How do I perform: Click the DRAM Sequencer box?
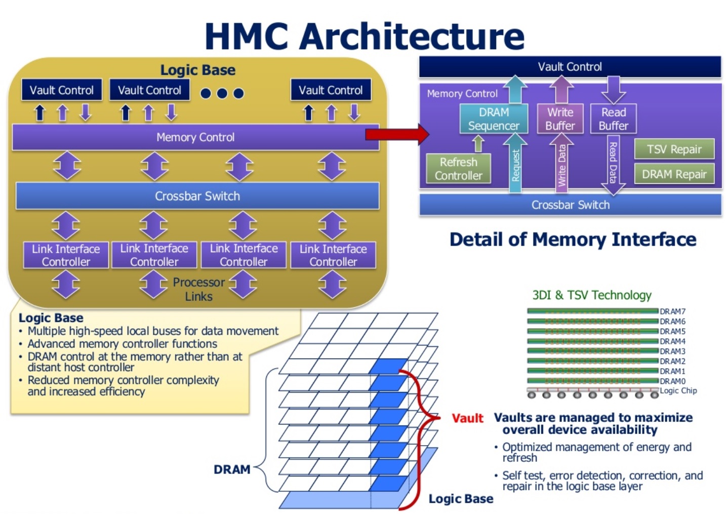[x=493, y=119]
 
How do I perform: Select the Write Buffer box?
[x=560, y=119]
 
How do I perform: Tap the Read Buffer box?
[x=613, y=119]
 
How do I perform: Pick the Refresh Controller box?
[x=458, y=169]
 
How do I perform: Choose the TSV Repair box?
[x=674, y=149]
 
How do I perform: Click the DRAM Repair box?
[x=674, y=174]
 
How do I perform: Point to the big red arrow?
[x=397, y=134]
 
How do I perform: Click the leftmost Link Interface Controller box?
[x=66, y=255]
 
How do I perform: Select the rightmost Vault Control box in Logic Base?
[x=331, y=90]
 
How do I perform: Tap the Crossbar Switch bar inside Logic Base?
[x=197, y=196]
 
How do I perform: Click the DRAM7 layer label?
[x=672, y=311]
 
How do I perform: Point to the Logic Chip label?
[x=678, y=390]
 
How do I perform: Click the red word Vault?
[x=467, y=418]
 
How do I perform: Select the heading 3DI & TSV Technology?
[x=591, y=295]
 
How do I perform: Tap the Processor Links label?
[x=198, y=289]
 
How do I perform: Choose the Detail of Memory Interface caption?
[x=573, y=239]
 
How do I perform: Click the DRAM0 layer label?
[x=672, y=381]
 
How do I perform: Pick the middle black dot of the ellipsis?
[x=222, y=93]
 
